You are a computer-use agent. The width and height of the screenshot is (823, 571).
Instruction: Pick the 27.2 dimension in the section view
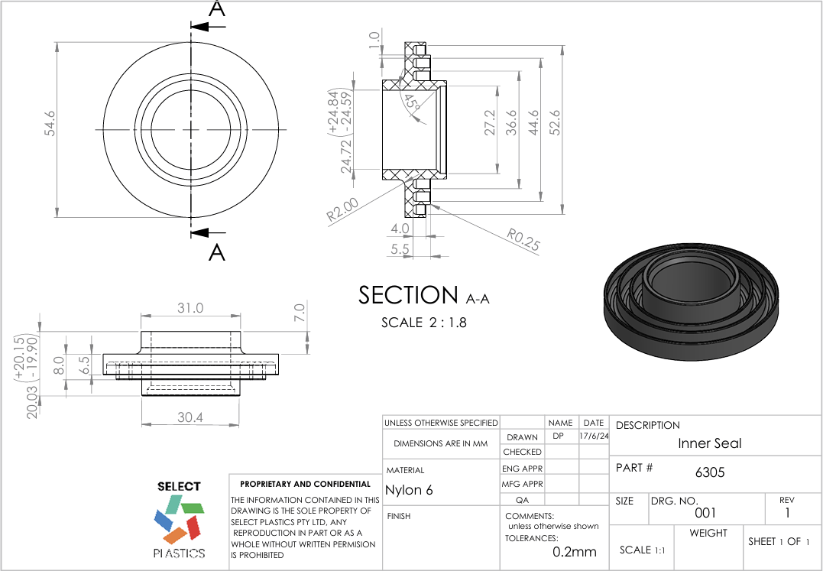(x=490, y=122)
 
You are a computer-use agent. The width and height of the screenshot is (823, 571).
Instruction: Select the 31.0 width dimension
(x=190, y=308)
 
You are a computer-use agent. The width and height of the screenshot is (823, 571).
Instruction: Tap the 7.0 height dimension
(x=300, y=312)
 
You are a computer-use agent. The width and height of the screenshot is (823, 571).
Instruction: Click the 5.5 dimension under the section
(x=400, y=249)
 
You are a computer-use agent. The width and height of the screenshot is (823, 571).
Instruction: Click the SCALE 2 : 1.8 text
(x=423, y=323)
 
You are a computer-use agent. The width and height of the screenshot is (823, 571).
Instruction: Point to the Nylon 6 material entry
(x=409, y=490)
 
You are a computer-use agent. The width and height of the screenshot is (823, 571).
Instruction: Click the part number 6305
(x=709, y=472)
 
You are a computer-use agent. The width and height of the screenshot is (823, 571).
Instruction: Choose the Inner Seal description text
(x=709, y=443)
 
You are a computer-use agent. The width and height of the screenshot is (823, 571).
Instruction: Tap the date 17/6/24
(x=594, y=436)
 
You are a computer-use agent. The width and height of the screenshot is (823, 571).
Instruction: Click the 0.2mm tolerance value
(x=574, y=552)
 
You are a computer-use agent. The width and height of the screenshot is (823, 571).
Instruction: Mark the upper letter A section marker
(x=217, y=9)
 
